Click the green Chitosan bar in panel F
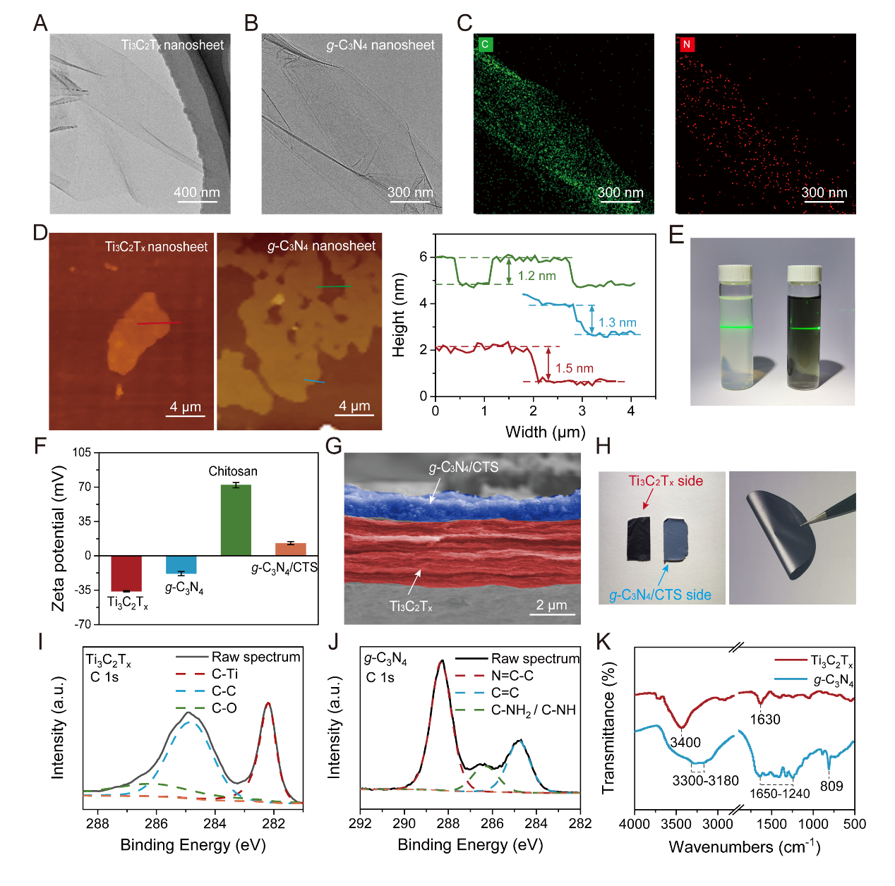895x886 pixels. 236,520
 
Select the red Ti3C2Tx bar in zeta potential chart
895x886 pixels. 126,573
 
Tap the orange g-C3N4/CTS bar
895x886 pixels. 290,549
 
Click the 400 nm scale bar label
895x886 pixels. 197,193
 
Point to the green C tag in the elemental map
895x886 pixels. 484,44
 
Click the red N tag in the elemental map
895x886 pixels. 686,44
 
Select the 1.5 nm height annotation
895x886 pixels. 574,368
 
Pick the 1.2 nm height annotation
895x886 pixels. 536,276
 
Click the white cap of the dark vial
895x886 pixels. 804,273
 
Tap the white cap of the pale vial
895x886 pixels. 735,272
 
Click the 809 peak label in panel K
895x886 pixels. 831,786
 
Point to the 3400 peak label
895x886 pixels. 685,742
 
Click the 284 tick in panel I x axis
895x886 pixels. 215,823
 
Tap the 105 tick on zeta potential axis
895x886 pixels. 83,452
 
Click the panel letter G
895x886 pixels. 333,447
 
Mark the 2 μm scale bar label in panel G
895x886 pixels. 552,605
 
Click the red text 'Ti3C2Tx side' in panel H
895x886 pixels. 666,481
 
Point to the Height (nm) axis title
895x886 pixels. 400,315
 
